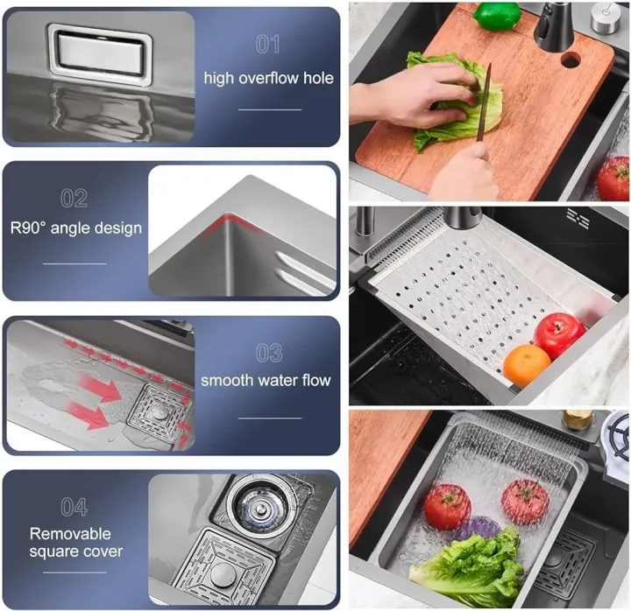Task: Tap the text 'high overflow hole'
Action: (269, 78)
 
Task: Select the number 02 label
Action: (74, 198)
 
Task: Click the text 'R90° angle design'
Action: (76, 228)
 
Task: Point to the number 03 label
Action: (269, 353)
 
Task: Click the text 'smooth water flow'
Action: (266, 380)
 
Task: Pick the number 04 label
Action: (74, 507)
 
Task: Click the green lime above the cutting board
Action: (496, 14)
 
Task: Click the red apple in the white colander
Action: (559, 334)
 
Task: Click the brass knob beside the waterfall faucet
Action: (578, 418)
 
